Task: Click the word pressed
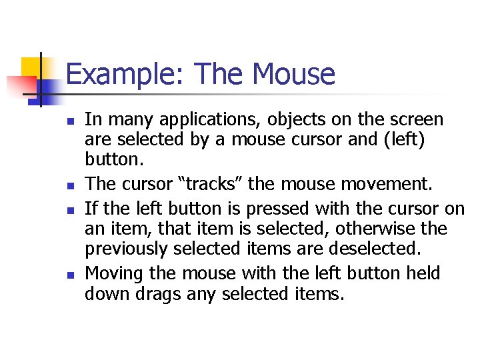point(278,209)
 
